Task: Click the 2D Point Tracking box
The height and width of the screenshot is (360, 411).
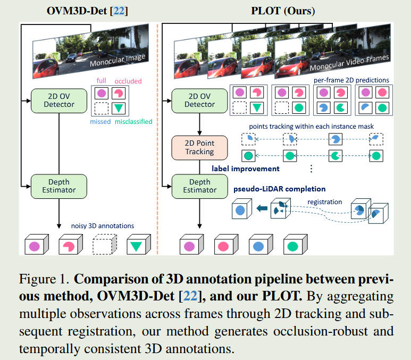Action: pos(199,147)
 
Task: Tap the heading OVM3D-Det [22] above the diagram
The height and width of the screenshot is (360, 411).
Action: pos(81,10)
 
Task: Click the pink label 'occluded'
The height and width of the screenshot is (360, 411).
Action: pos(128,81)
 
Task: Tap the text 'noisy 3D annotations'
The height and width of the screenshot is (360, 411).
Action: pos(102,225)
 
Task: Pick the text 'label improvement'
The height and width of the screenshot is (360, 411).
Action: pos(245,169)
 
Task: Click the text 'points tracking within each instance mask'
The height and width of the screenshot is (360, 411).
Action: pos(310,127)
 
